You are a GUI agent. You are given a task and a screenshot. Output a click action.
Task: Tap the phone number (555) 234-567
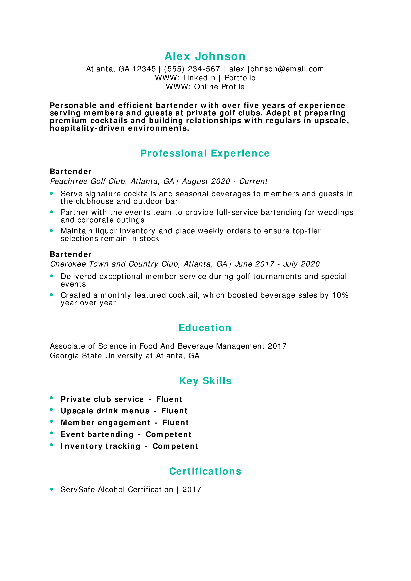(x=192, y=69)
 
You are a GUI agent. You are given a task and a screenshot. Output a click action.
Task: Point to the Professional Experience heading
(x=205, y=153)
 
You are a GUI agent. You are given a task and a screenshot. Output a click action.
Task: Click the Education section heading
(x=205, y=328)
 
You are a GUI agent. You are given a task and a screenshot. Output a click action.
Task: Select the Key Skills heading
(x=205, y=381)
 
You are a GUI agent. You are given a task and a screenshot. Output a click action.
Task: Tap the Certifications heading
(x=205, y=471)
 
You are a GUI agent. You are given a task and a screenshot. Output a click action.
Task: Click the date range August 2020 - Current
(x=225, y=181)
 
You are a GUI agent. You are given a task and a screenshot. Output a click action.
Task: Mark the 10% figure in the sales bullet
(x=340, y=295)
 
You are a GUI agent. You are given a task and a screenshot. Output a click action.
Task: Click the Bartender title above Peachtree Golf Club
(x=71, y=172)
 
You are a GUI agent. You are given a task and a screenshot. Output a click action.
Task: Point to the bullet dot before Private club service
(x=51, y=398)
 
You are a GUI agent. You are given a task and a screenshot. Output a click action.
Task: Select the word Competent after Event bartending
(x=168, y=434)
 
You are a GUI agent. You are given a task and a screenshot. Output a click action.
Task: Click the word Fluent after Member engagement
(x=176, y=423)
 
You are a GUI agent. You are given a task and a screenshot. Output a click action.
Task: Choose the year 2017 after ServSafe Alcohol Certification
(x=192, y=490)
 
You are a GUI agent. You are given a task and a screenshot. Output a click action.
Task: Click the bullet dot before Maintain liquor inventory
(x=51, y=231)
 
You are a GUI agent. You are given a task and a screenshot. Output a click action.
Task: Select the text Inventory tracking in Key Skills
(x=100, y=446)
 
